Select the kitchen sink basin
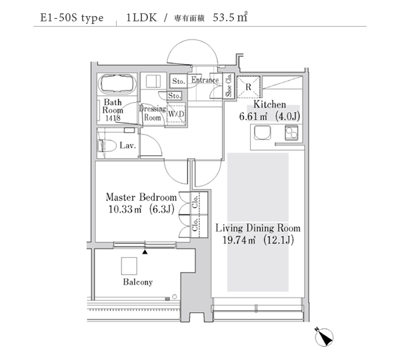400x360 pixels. tap(263, 133)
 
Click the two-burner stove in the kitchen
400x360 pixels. tap(291, 133)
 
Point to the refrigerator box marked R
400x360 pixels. tap(248, 87)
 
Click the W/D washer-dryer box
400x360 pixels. tap(176, 114)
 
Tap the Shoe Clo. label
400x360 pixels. tap(229, 85)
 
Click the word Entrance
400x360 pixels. tap(205, 80)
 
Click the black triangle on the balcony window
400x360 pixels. tap(145, 252)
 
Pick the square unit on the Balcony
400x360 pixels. tap(129, 266)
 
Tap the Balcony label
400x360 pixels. tap(138, 282)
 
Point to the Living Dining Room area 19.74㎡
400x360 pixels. tap(239, 240)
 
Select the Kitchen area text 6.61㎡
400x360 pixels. tap(253, 117)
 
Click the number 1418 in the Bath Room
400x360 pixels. tap(113, 118)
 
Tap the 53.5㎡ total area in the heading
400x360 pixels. tap(230, 17)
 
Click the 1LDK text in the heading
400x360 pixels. tap(141, 17)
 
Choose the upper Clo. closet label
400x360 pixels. tap(195, 202)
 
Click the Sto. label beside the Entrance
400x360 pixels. tap(178, 81)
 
